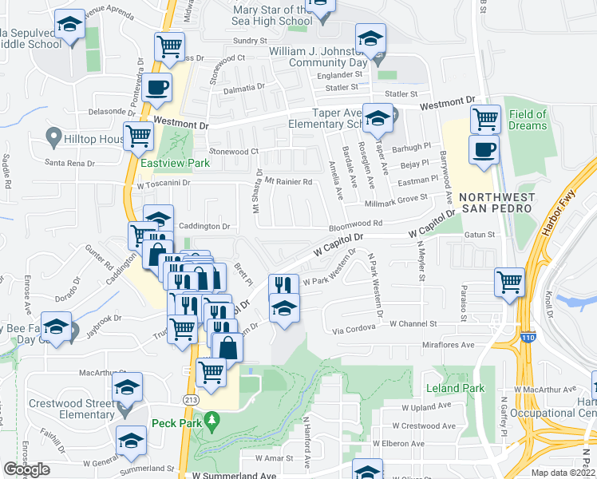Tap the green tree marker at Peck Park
coord(212,419)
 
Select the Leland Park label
coord(455,389)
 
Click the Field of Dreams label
coord(528,120)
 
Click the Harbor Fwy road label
coord(566,199)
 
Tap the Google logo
coord(26,469)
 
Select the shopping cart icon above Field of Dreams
coord(485,120)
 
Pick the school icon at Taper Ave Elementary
coord(378,118)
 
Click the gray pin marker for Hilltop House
coord(54,138)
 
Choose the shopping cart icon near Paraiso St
coord(509,282)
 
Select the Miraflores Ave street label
coord(449,345)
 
